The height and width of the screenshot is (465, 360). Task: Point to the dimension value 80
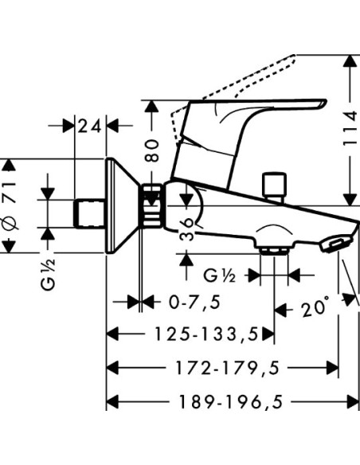tap(151, 150)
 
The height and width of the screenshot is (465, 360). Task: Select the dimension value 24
tap(89, 127)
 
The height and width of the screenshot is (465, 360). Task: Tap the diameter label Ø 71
tap(9, 207)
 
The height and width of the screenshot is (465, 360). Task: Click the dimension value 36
tap(188, 229)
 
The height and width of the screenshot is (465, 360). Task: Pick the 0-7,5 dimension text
tap(195, 303)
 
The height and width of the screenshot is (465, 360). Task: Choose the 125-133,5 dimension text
tap(207, 334)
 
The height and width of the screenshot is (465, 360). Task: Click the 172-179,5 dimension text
tap(228, 368)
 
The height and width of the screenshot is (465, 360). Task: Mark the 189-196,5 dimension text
tap(231, 402)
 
